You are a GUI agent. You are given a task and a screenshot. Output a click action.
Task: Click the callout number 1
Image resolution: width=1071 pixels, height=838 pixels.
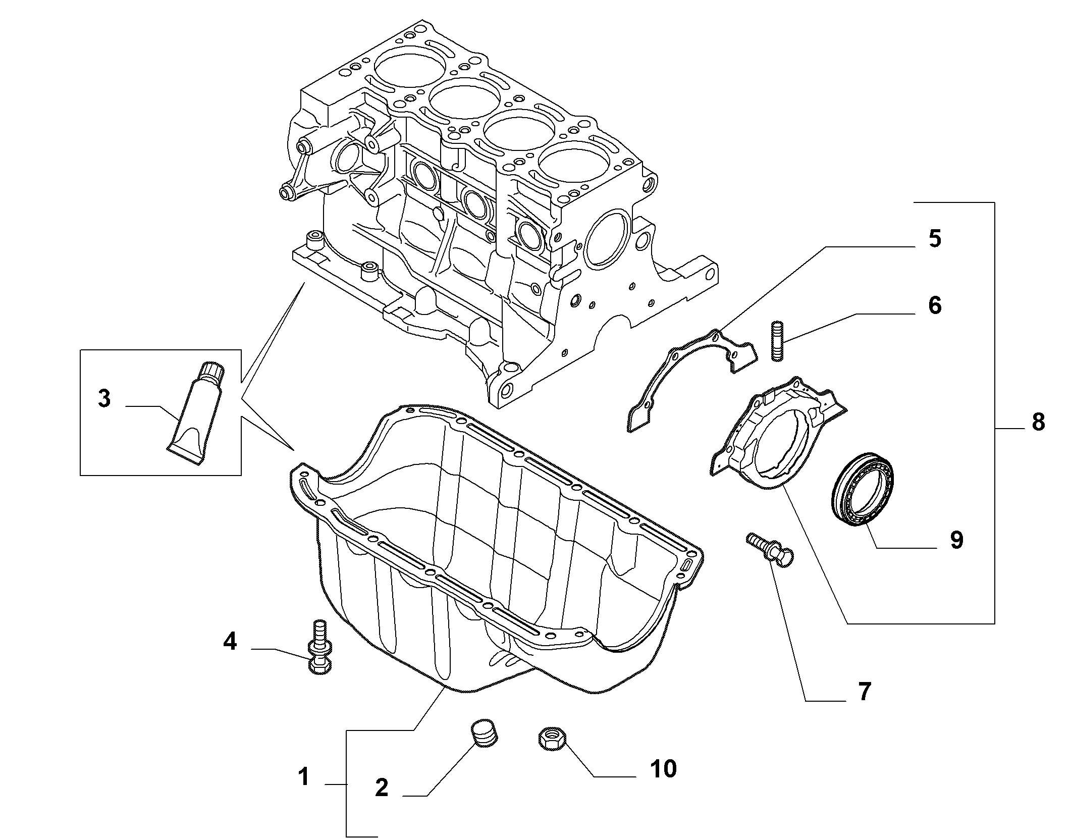coord(303,791)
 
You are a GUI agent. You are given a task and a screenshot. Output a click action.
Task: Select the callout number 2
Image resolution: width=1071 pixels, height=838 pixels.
coord(382,802)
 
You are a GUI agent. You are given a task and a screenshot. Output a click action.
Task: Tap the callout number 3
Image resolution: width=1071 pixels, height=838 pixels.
coord(104,399)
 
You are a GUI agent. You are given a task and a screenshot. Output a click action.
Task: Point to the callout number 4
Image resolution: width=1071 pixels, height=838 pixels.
coord(230,642)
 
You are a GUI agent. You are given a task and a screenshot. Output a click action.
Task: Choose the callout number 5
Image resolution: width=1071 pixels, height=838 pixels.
coord(935,238)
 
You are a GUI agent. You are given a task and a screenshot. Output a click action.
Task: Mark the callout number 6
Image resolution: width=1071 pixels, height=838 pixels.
coord(935,305)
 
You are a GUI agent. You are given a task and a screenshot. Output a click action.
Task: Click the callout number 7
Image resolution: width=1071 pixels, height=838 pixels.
coord(865,692)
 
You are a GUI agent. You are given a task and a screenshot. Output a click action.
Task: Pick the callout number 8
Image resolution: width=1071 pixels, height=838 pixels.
coord(1038,422)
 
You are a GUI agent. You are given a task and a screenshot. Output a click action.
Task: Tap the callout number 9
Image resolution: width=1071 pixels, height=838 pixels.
coord(956,540)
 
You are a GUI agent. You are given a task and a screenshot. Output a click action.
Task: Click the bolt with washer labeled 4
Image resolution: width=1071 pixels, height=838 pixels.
coord(319,647)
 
